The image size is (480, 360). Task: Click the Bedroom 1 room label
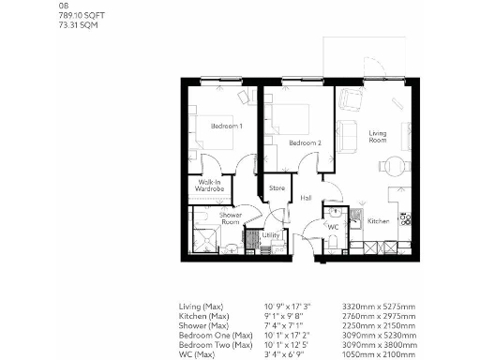pyautogui.click(x=226, y=126)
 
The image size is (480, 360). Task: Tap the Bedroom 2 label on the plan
pyautogui.click(x=305, y=142)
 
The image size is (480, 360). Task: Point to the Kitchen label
pyautogui.click(x=378, y=221)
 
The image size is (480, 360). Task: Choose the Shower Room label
pyautogui.click(x=231, y=217)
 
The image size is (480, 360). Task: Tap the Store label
pyautogui.click(x=277, y=188)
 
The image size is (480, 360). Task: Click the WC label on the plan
pyautogui.click(x=333, y=227)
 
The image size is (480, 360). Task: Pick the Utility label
pyautogui.click(x=271, y=236)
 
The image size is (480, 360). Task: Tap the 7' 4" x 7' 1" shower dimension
pyautogui.click(x=285, y=324)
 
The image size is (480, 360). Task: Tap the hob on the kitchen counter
pyautogui.click(x=404, y=220)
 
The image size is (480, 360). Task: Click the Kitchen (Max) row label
pyautogui.click(x=206, y=316)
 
